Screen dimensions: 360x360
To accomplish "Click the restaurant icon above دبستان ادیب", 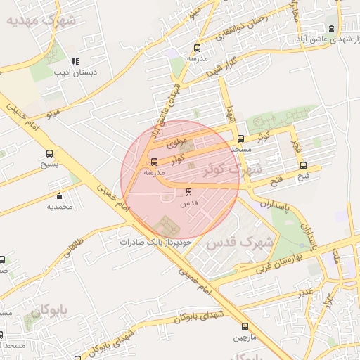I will (x=75, y=61).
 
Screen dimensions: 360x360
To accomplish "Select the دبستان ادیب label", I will (x=79, y=72).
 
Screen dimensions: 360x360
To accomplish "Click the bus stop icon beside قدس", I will (x=188, y=192).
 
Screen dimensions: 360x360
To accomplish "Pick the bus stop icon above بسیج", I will (x=49, y=153).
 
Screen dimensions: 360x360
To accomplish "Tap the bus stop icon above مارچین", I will (x=245, y=326).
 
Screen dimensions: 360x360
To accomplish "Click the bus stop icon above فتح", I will (x=303, y=166).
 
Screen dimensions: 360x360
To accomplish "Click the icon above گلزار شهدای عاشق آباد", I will (x=332, y=27).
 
